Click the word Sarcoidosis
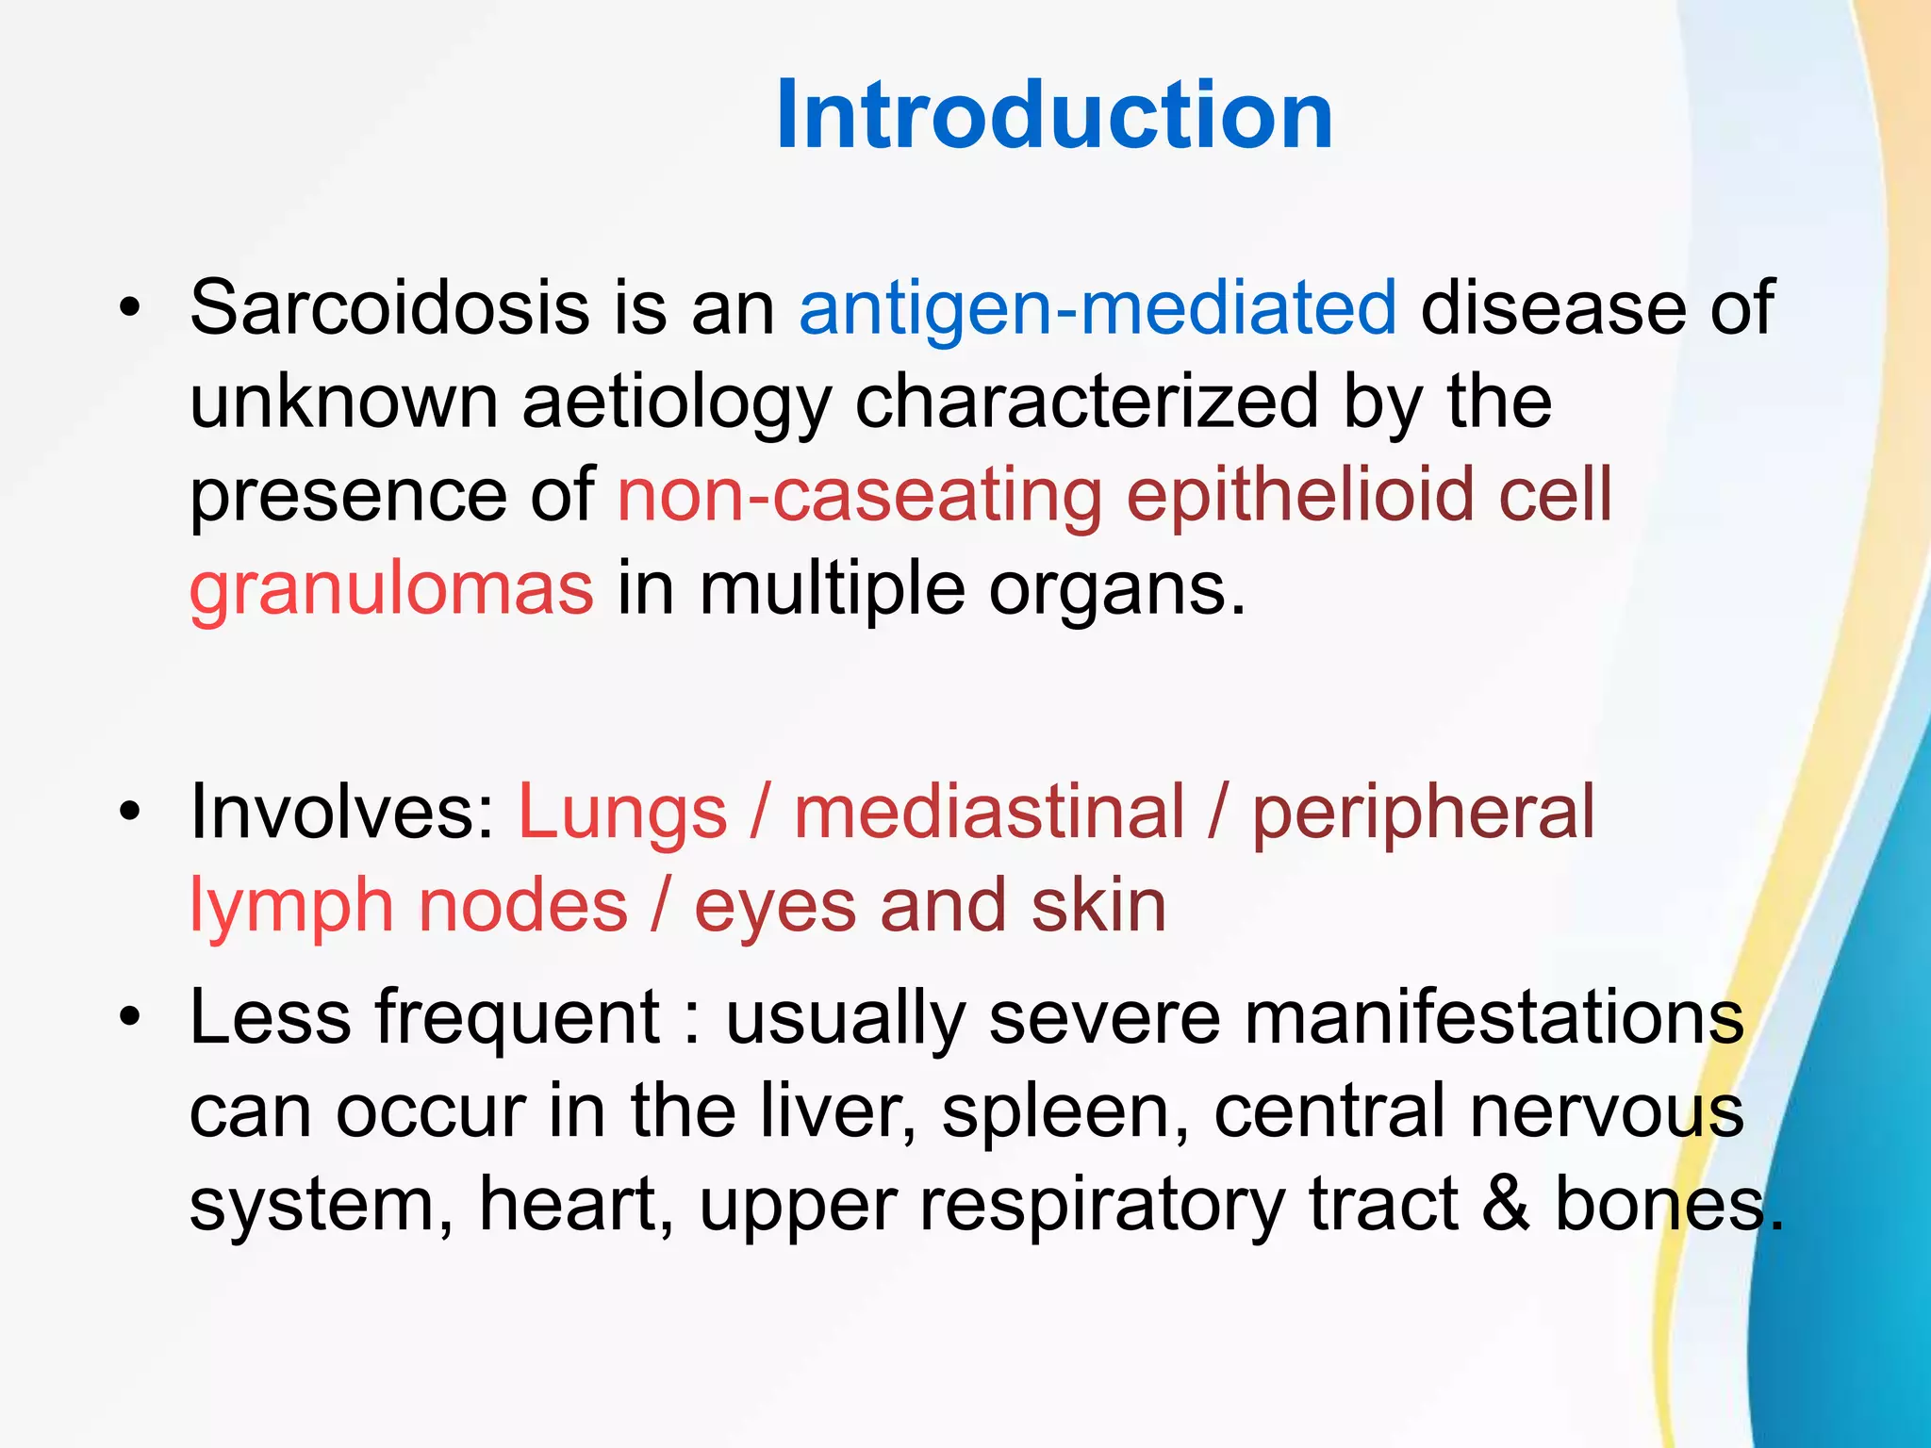click(x=389, y=307)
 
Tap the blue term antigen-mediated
click(x=1098, y=307)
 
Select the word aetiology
click(x=676, y=402)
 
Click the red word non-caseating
click(x=859, y=495)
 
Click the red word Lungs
click(x=622, y=812)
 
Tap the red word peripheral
click(x=1423, y=812)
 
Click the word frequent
click(x=518, y=1017)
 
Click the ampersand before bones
click(x=1505, y=1205)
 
